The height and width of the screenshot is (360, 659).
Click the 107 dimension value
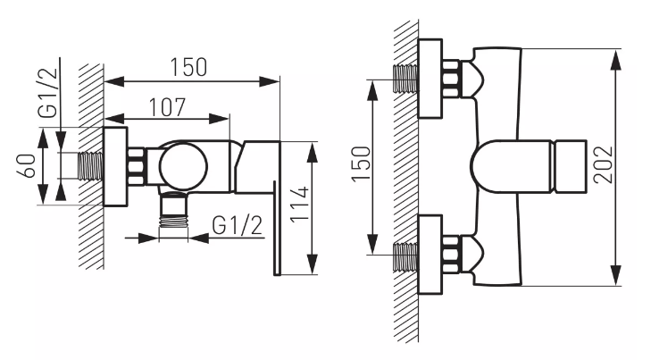[x=167, y=108]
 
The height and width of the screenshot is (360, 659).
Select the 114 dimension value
[x=300, y=204]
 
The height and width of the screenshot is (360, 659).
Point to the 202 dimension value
[x=603, y=164]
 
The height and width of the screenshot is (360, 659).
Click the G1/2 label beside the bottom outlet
[x=237, y=225]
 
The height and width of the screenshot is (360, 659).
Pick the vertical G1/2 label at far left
[x=47, y=92]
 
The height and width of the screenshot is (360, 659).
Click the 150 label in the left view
[x=188, y=67]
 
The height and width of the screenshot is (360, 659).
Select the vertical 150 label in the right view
[x=362, y=163]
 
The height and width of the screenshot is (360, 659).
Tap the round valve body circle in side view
[x=183, y=165]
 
